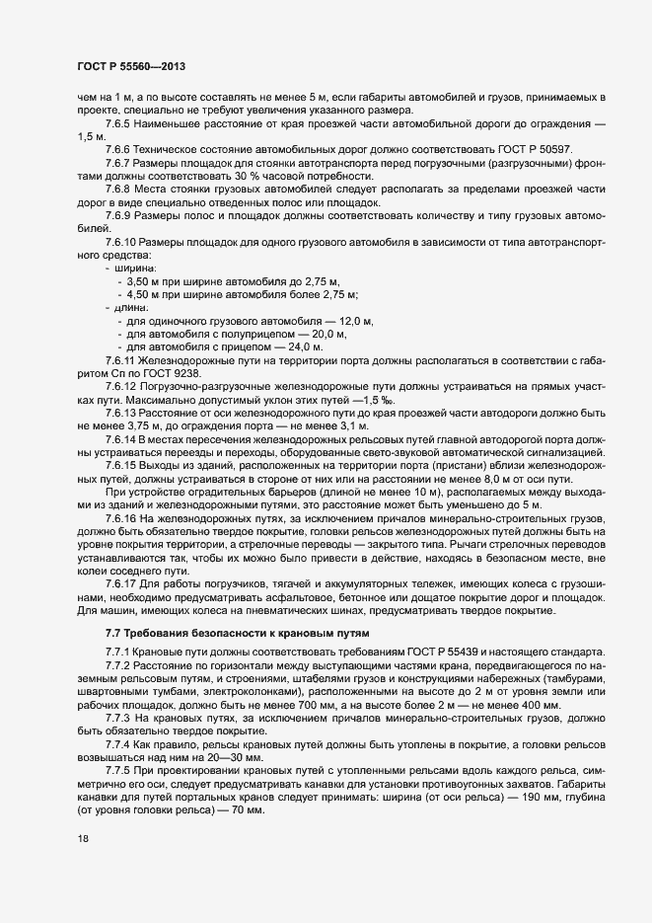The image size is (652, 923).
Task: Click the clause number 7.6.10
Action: (x=124, y=243)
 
